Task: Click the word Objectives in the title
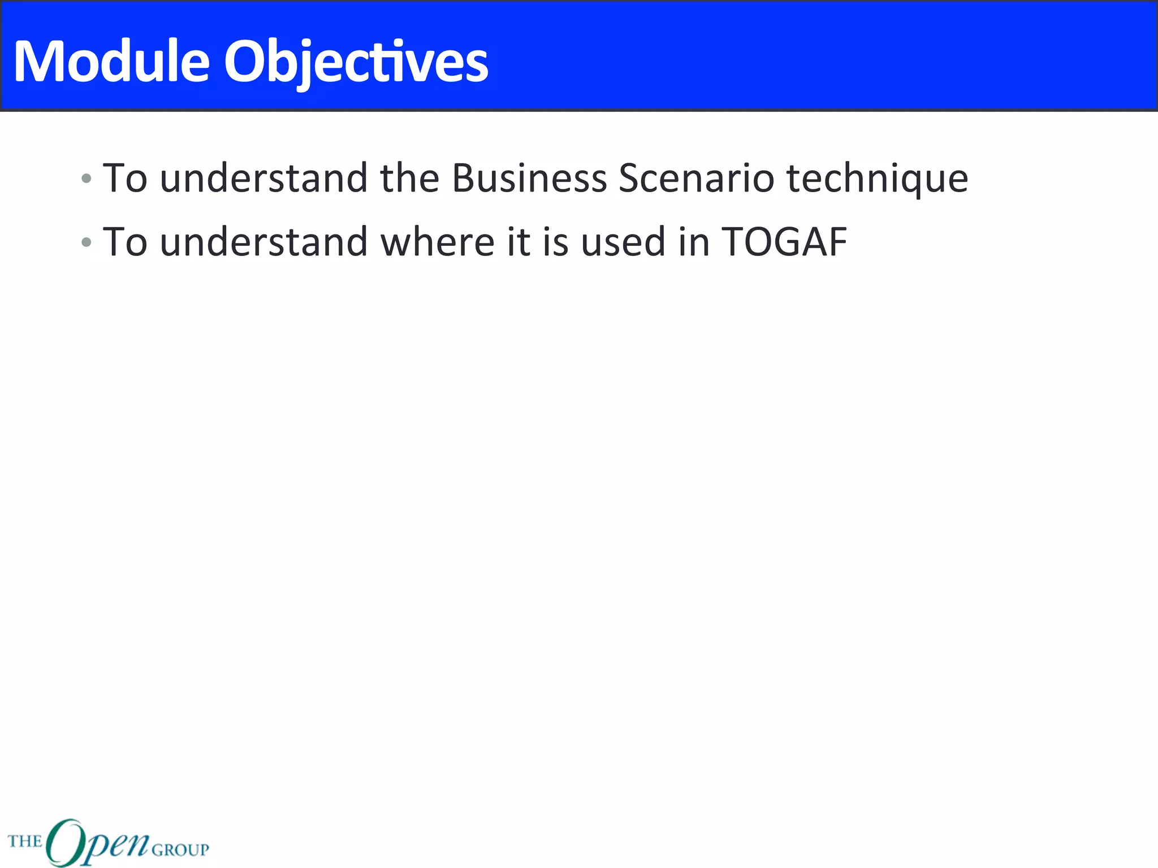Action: [356, 62]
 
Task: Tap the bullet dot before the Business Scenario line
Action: [86, 179]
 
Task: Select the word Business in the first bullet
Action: [529, 179]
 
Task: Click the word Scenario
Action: [696, 179]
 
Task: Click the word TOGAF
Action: [784, 242]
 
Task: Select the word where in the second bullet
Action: [438, 242]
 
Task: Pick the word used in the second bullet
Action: [623, 242]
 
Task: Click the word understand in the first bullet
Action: [263, 179]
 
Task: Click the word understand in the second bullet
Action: [263, 242]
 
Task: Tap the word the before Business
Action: [409, 179]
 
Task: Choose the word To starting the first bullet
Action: [125, 179]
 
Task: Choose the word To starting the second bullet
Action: [125, 242]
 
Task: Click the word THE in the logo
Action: [25, 841]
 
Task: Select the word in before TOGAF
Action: [694, 242]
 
